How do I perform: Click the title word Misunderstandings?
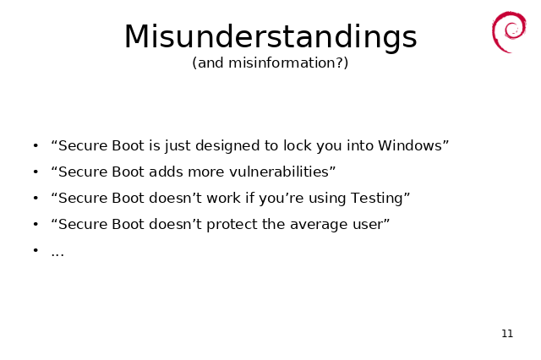(270, 37)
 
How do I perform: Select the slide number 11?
(507, 334)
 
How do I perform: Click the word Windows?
(409, 145)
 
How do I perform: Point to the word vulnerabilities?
(279, 172)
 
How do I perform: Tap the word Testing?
(376, 199)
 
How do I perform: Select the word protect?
(232, 225)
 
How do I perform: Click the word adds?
(163, 172)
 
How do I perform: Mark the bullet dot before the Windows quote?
(36, 146)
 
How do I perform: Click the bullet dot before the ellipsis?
(36, 250)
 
